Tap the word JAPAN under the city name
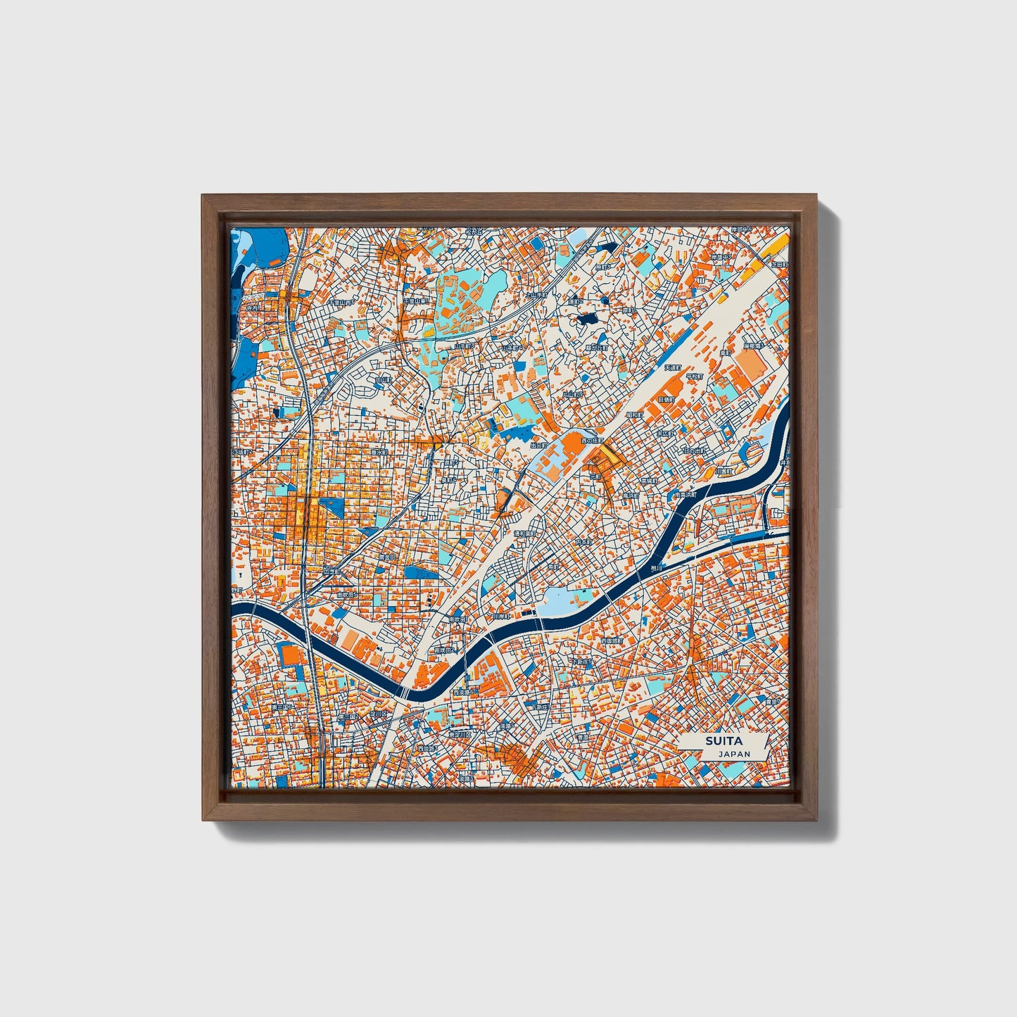click(x=734, y=754)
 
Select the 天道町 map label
click(x=674, y=367)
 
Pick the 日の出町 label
click(x=695, y=450)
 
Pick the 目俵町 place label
click(x=666, y=399)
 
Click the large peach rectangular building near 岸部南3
click(x=748, y=362)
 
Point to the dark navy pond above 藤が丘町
click(x=586, y=319)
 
